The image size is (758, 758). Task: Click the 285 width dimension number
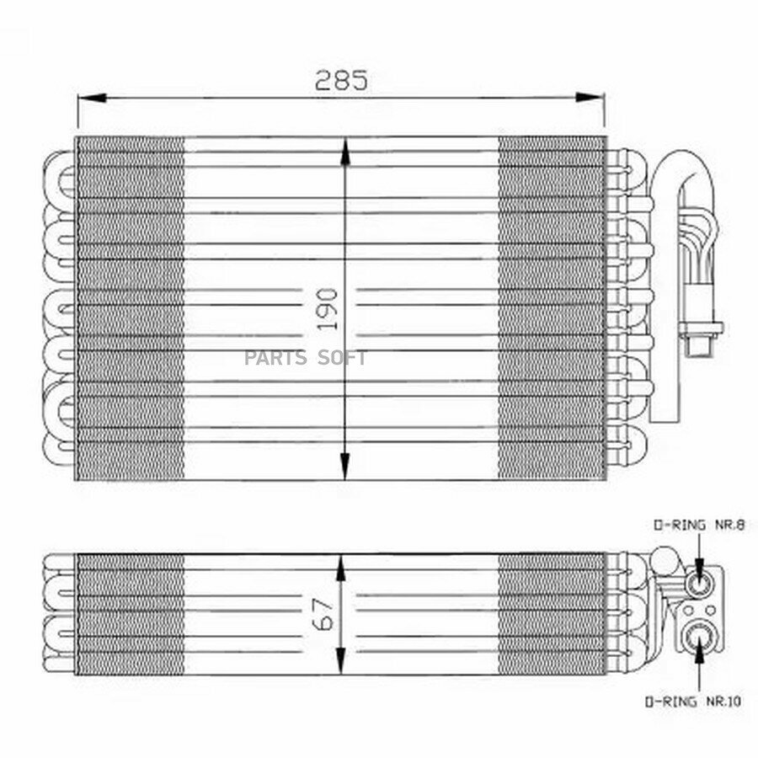pyautogui.click(x=341, y=80)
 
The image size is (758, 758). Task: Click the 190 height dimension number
pyautogui.click(x=328, y=309)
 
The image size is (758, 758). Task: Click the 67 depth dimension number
pyautogui.click(x=323, y=615)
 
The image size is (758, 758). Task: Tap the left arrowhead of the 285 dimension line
pyautogui.click(x=92, y=98)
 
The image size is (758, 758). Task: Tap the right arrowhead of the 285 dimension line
pyautogui.click(x=590, y=98)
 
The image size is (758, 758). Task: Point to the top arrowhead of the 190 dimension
pyautogui.click(x=344, y=152)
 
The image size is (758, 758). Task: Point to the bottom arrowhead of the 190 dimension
pyautogui.click(x=344, y=466)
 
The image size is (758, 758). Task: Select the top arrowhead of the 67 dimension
pyautogui.click(x=341, y=568)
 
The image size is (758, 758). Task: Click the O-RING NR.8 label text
pyautogui.click(x=699, y=525)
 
